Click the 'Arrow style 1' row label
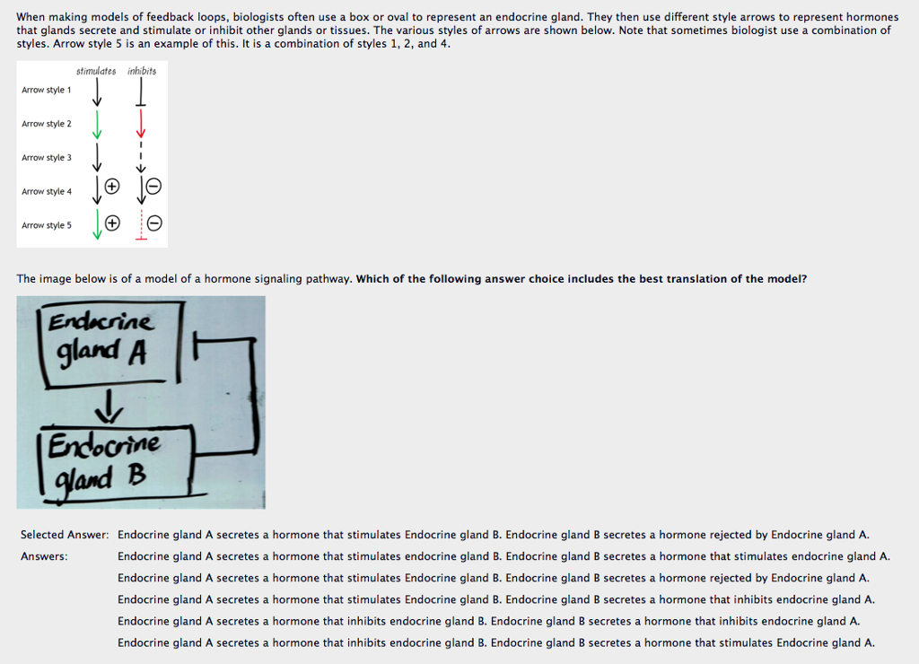point(47,90)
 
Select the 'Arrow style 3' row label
point(47,158)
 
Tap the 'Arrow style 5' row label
point(47,225)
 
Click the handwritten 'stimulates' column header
point(96,71)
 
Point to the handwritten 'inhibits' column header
point(142,71)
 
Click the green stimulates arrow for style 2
point(97,124)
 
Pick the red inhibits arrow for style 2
point(141,123)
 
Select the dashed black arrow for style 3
point(141,157)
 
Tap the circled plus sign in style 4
point(112,187)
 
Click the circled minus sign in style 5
point(154,223)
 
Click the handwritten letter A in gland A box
point(136,353)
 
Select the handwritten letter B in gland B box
point(137,475)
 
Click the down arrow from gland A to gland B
point(109,406)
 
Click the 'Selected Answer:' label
point(65,535)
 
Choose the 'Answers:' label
point(44,556)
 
